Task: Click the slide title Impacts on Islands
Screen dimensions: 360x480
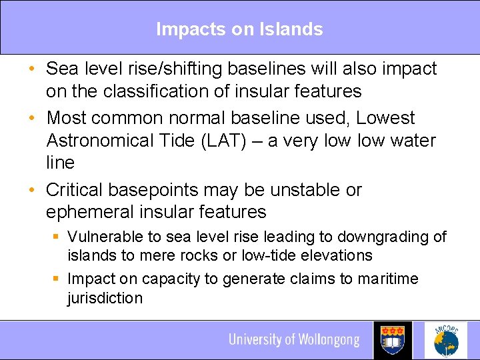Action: pyautogui.click(x=239, y=29)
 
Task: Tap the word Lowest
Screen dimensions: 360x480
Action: pyautogui.click(x=385, y=118)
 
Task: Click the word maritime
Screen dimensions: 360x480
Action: pyautogui.click(x=386, y=279)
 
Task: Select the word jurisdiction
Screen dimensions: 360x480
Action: pyautogui.click(x=105, y=297)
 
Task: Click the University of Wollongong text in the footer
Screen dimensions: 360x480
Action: pyautogui.click(x=293, y=340)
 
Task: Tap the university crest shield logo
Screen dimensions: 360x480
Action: pyautogui.click(x=393, y=340)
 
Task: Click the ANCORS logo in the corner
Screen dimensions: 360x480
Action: pyautogui.click(x=447, y=340)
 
